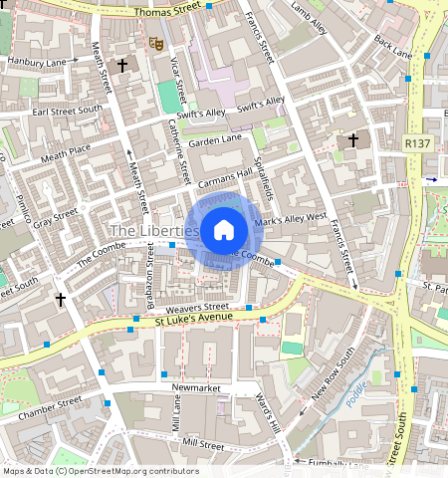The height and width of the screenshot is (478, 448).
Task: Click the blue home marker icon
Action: click(224, 230)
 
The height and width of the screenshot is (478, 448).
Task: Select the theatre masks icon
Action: click(154, 43)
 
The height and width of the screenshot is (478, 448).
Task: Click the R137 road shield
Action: click(417, 144)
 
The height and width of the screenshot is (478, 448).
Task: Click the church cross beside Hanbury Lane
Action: click(122, 66)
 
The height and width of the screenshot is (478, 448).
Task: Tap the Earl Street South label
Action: click(67, 111)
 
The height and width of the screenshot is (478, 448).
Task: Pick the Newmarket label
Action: click(195, 386)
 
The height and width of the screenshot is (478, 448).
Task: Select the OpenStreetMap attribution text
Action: click(101, 471)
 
